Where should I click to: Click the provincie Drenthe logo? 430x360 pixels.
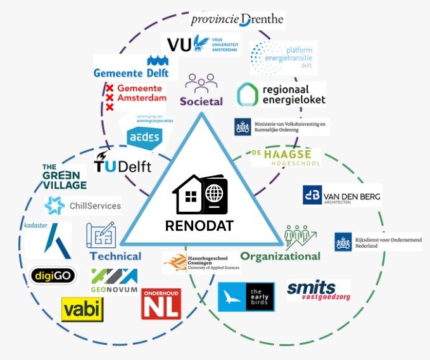[236, 20]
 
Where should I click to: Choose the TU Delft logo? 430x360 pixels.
[123, 164]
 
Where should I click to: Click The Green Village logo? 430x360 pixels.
[64, 176]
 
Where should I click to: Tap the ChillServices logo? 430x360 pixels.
[83, 205]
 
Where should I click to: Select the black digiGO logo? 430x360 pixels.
[54, 276]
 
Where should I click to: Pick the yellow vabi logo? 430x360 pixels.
[82, 309]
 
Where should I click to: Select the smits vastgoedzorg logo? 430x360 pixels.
[319, 291]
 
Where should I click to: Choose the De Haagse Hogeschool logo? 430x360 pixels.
[286, 158]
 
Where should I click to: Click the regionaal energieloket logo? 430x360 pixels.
[281, 94]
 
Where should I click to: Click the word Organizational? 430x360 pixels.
[280, 256]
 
